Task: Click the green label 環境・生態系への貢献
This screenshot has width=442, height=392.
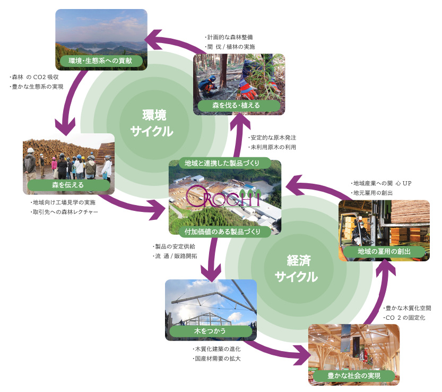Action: [x=100, y=61]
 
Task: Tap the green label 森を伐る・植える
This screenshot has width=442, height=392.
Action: [x=236, y=106]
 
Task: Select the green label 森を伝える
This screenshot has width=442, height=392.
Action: [x=68, y=185]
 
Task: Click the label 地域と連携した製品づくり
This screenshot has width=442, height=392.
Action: [x=222, y=163]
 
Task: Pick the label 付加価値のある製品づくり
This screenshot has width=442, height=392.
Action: [x=222, y=232]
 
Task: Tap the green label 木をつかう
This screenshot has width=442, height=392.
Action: [x=210, y=331]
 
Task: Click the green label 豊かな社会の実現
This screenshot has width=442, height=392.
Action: [x=354, y=376]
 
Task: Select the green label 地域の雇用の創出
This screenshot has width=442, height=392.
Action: [x=384, y=251]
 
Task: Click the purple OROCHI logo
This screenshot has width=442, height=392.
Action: [x=223, y=197]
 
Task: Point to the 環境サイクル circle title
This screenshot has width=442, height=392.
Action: [x=152, y=123]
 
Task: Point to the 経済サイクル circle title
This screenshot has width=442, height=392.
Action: [x=297, y=269]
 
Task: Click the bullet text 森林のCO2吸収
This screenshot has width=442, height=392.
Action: [x=34, y=77]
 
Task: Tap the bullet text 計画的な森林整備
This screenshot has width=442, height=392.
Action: [x=229, y=37]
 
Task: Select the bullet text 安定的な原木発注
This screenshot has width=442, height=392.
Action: [x=272, y=138]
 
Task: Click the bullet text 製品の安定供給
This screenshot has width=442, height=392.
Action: [x=174, y=246]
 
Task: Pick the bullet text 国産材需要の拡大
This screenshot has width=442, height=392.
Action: [x=216, y=359]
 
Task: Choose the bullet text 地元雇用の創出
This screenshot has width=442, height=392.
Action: [x=372, y=193]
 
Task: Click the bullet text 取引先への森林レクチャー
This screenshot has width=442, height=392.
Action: [x=64, y=212]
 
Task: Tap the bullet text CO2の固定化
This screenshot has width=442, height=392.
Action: [x=404, y=318]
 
